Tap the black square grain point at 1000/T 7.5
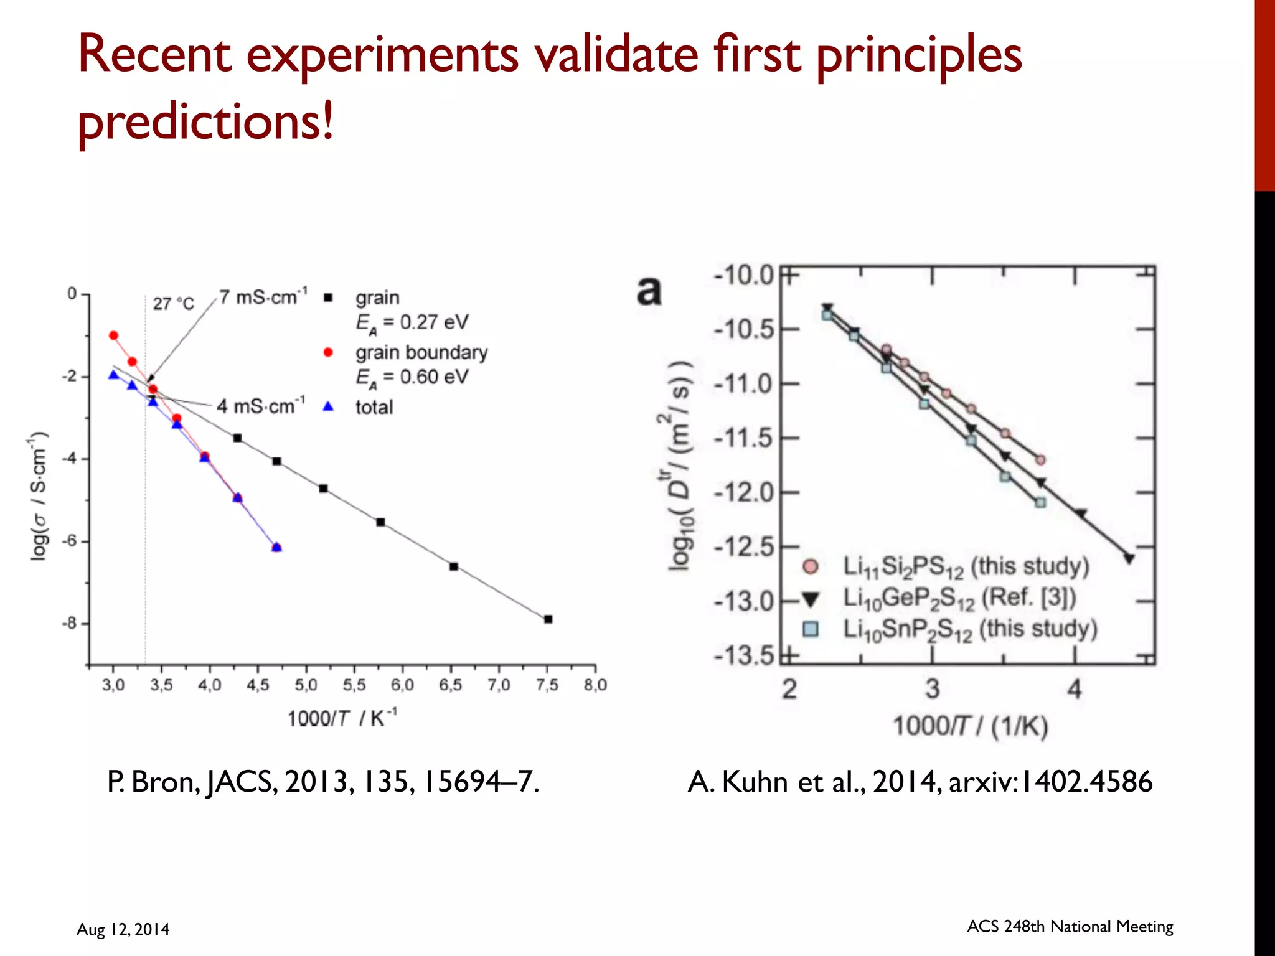click(x=548, y=619)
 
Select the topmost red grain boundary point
click(x=113, y=335)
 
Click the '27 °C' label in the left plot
click(x=174, y=304)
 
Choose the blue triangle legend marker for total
click(x=328, y=407)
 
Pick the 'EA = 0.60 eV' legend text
click(x=412, y=377)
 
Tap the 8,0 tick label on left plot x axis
click(x=595, y=685)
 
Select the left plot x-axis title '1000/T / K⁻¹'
click(x=342, y=718)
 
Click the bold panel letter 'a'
click(x=649, y=290)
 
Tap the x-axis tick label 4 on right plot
click(x=1075, y=689)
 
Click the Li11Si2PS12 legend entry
click(x=965, y=566)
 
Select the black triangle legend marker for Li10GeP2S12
click(x=810, y=599)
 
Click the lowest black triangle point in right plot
click(x=1129, y=559)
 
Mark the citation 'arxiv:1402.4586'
click(x=1050, y=782)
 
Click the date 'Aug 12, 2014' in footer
click(x=123, y=929)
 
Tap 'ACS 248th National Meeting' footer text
click(x=1070, y=926)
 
